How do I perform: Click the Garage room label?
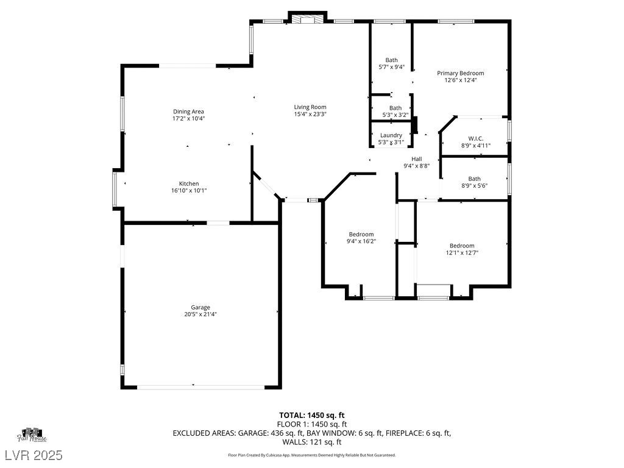coord(200,307)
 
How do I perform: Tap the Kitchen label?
coord(189,183)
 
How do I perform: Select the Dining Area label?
coord(188,112)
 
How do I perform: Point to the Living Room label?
coord(310,107)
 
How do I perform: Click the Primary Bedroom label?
coord(461,73)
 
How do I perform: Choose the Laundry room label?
coord(391,135)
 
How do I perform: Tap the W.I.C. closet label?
coord(475,138)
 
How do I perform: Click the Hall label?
coord(417,159)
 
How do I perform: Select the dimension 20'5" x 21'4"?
coord(200,314)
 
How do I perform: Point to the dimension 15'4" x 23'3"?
coord(310,114)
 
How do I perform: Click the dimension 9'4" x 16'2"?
coord(361,241)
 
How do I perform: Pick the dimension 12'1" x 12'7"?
coord(462,253)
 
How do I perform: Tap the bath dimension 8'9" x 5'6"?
coord(474,186)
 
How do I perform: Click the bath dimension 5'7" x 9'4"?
coord(391,67)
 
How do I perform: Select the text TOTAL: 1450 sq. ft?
coord(311,416)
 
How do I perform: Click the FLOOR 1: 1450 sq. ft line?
coord(311,425)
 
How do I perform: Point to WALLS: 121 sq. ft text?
coord(311,442)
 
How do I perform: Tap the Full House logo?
coord(32,435)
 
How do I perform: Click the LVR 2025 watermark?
coord(34,455)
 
